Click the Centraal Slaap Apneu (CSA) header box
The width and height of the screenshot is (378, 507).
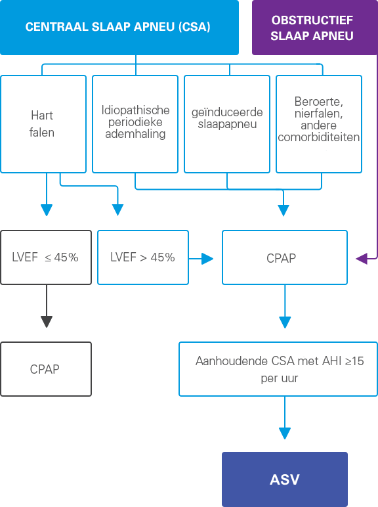click(x=119, y=27)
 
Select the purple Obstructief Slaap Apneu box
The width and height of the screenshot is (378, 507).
click(x=315, y=27)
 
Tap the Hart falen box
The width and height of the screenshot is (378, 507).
click(x=43, y=124)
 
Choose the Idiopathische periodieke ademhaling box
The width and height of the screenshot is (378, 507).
click(x=135, y=124)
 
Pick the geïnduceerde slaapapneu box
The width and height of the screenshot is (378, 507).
click(x=227, y=124)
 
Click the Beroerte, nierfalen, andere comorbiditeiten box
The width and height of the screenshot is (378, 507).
click(x=319, y=124)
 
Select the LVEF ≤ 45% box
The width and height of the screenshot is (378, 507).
click(x=46, y=257)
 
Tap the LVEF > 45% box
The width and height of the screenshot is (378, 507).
click(x=143, y=257)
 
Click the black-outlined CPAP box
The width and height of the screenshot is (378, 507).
click(x=46, y=369)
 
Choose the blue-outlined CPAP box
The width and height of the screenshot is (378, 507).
click(x=285, y=257)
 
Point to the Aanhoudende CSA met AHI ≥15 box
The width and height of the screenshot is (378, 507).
click(x=278, y=369)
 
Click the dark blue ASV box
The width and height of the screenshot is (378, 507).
click(x=285, y=479)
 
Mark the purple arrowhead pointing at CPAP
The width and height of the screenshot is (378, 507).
click(x=362, y=259)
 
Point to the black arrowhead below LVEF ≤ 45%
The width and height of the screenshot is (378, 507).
click(x=47, y=322)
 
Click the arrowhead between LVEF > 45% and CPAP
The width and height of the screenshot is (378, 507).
click(x=207, y=259)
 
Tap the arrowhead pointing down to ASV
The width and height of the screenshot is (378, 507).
click(x=285, y=433)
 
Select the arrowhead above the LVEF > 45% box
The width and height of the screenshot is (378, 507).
click(x=117, y=210)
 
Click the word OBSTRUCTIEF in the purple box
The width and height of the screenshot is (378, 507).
click(x=312, y=20)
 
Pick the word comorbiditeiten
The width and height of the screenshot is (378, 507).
click(x=318, y=137)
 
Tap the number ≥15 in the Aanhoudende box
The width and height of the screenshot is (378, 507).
click(x=354, y=361)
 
